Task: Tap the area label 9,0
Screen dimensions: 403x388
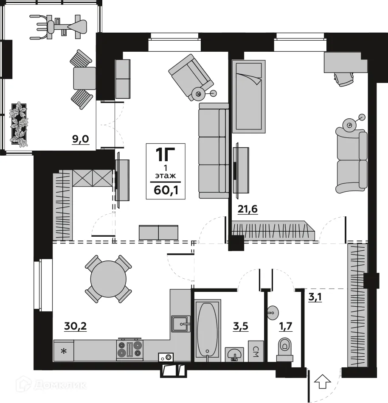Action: [80, 139]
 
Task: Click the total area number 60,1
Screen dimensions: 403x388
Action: [166, 189]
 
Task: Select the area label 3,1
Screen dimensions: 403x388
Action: [315, 297]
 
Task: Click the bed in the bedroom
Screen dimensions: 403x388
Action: [249, 96]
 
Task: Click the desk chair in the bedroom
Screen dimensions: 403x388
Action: [343, 78]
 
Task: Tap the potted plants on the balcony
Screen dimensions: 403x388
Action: [20, 123]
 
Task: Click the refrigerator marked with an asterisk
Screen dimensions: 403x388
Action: [64, 351]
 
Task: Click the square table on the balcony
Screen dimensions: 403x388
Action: [84, 78]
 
